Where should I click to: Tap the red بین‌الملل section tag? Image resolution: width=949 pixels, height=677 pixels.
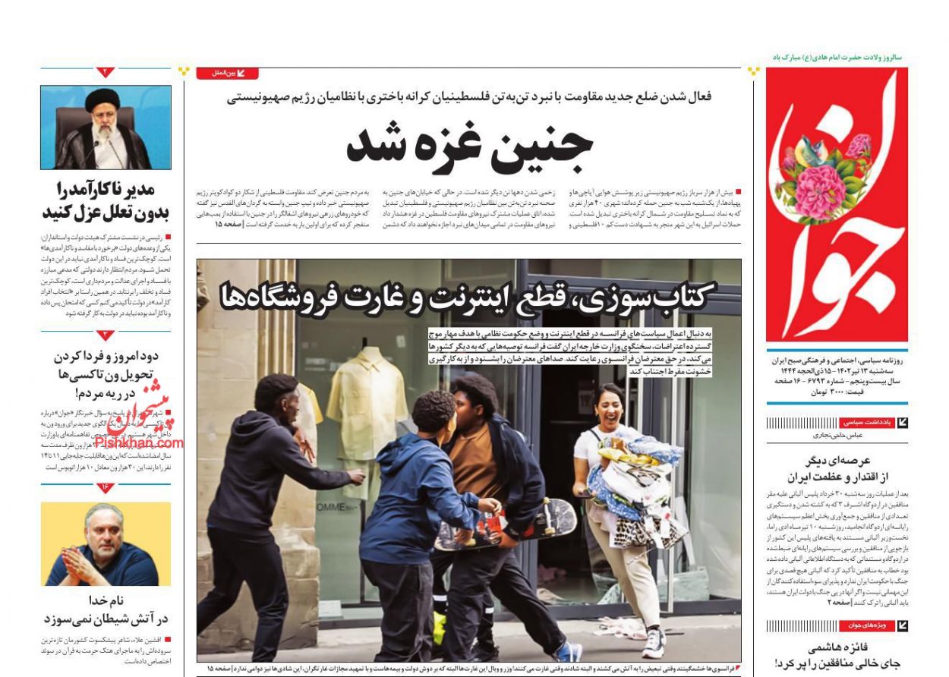coord(227,74)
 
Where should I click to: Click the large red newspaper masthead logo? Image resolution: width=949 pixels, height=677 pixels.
coord(836,205)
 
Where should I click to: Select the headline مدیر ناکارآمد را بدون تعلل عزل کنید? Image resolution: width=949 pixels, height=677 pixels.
coord(106,200)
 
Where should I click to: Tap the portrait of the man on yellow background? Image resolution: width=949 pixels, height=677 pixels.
coord(106,544)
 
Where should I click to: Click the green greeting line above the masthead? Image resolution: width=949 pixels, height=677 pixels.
coord(836,58)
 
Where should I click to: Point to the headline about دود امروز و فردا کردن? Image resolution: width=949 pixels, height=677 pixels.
coord(106,374)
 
